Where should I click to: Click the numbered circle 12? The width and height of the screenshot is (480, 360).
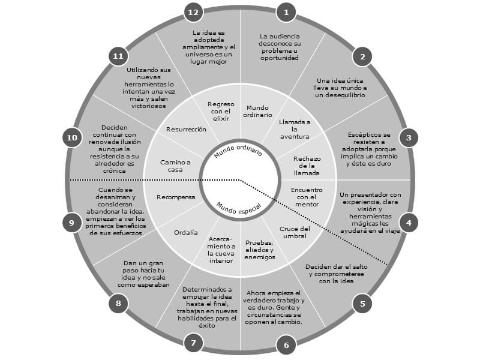pyautogui.click(x=193, y=12)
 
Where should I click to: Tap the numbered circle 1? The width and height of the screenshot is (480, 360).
pyautogui.click(x=286, y=12)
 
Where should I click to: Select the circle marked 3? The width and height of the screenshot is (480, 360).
pyautogui.click(x=409, y=137)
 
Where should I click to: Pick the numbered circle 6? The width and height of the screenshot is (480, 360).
pyautogui.click(x=286, y=346)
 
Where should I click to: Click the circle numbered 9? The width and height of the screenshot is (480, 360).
pyautogui.click(x=72, y=223)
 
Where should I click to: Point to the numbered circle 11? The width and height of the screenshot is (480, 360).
pyautogui.click(x=118, y=56)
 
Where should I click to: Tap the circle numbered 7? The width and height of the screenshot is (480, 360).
pyautogui.click(x=193, y=343)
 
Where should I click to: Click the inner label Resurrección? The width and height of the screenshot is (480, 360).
pyautogui.click(x=186, y=130)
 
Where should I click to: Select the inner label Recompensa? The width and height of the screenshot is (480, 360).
pyautogui.click(x=176, y=197)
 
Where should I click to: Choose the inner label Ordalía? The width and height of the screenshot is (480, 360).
pyautogui.click(x=186, y=233)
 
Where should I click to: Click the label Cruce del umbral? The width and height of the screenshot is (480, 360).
pyautogui.click(x=295, y=232)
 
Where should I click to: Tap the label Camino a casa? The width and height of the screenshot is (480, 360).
pyautogui.click(x=175, y=166)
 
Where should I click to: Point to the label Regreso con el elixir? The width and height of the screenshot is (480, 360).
pyautogui.click(x=221, y=111)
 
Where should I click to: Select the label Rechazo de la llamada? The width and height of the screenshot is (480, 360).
pyautogui.click(x=307, y=166)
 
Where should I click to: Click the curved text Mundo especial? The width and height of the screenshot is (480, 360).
pyautogui.click(x=239, y=209)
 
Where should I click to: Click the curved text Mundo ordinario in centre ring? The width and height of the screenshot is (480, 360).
pyautogui.click(x=238, y=149)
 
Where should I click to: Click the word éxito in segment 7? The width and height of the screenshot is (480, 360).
pyautogui.click(x=207, y=325)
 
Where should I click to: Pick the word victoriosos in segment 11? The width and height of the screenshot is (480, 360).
pyautogui.click(x=149, y=106)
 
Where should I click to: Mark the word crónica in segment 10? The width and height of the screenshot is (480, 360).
pyautogui.click(x=114, y=171)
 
